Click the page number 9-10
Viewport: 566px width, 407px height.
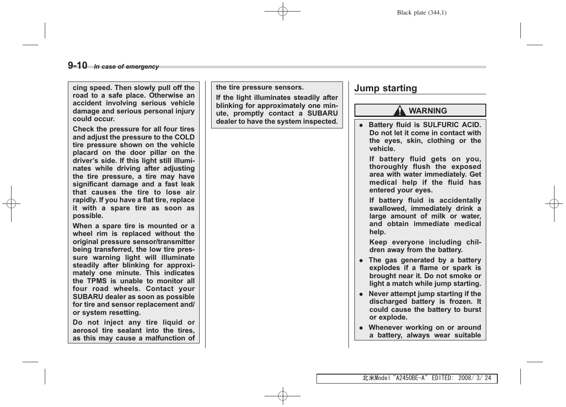[x=77, y=65]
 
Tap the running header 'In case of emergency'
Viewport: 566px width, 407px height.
[x=126, y=67]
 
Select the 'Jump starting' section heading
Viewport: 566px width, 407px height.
[x=386, y=88]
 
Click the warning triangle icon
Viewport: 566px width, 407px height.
[x=400, y=111]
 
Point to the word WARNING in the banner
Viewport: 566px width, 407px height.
[x=428, y=111]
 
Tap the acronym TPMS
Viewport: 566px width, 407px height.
[x=97, y=281]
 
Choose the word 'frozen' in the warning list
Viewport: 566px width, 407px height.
[x=461, y=302]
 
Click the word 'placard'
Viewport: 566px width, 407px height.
[x=85, y=153]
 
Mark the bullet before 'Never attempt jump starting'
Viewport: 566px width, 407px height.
[x=361, y=294]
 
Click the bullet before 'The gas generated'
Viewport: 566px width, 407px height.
[x=361, y=261]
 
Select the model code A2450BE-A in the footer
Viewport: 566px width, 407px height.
[x=411, y=378]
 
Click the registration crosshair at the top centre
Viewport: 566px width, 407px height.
[x=282, y=12]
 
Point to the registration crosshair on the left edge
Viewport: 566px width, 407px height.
[x=12, y=204]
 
